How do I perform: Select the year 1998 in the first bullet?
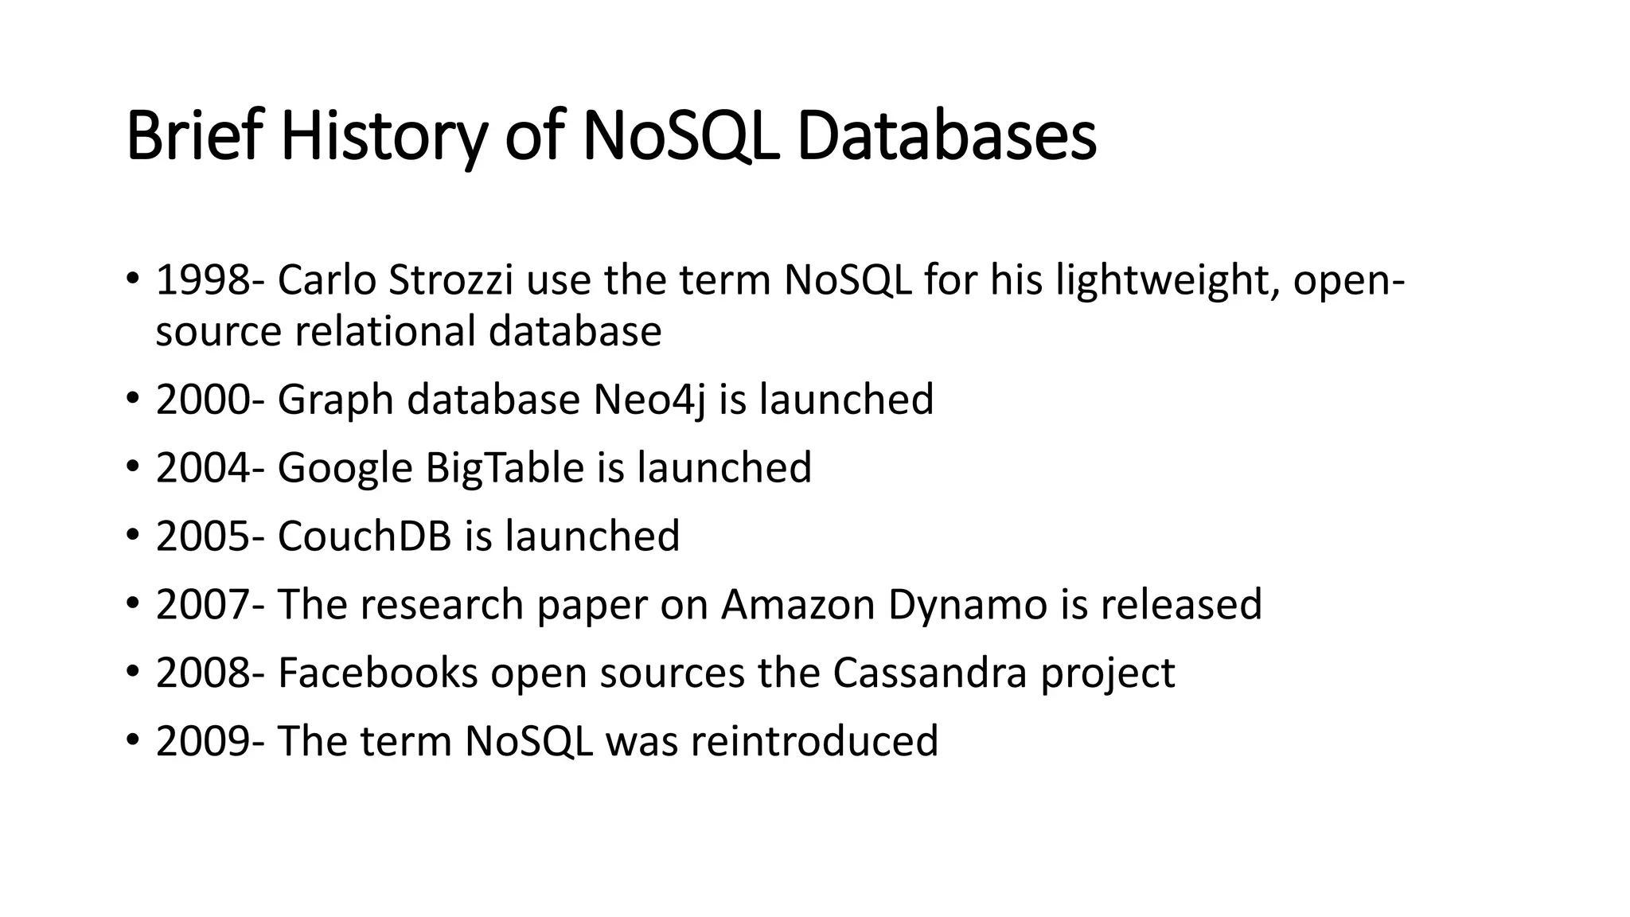click(202, 280)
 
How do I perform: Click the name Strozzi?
click(450, 280)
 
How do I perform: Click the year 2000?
click(202, 400)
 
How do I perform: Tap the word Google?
click(345, 468)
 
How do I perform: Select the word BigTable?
click(505, 468)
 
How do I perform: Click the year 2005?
click(202, 537)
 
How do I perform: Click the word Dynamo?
click(967, 605)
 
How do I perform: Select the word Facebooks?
click(377, 673)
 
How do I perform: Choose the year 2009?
click(202, 742)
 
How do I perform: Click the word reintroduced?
click(814, 742)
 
